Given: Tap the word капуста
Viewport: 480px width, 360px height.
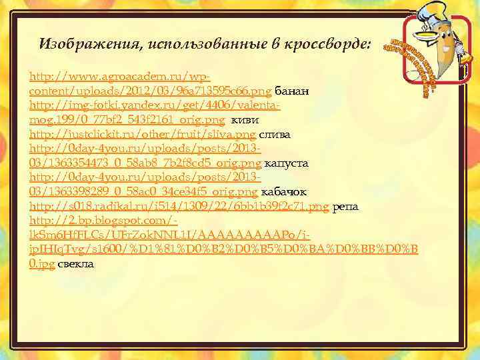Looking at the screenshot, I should pyautogui.click(x=286, y=163).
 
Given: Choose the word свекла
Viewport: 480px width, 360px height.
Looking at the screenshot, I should pyautogui.click(x=76, y=265).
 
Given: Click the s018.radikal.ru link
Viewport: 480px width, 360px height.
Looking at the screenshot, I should pyautogui.click(x=179, y=207).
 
